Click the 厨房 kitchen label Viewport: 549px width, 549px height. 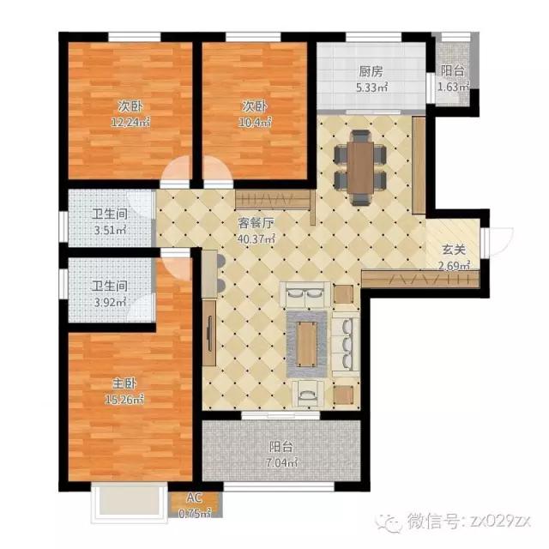coord(372,71)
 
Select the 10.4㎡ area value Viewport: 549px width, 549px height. coord(256,122)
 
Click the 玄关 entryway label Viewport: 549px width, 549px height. coord(454,250)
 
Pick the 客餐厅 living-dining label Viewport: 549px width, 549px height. coord(256,223)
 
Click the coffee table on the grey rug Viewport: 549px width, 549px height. coord(307,344)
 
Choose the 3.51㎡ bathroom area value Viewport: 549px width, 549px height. coord(110,230)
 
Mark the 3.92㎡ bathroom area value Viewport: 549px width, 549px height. coord(110,301)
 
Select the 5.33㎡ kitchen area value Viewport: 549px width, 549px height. coord(372,87)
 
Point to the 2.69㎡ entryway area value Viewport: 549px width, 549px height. coord(454,266)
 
